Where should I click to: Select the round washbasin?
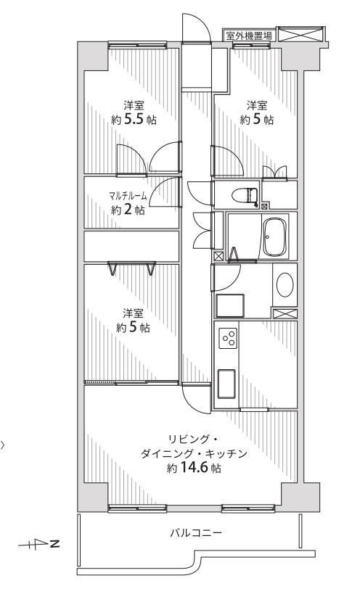(x=285, y=285)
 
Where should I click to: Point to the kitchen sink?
(x=226, y=384)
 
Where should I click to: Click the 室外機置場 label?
(x=249, y=36)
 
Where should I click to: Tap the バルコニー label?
(x=196, y=533)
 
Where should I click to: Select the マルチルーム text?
(x=127, y=196)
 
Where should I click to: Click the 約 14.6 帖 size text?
(x=194, y=469)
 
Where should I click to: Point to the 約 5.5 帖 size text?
(x=134, y=120)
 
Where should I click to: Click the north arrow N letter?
(x=54, y=545)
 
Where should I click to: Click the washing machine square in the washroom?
(x=230, y=306)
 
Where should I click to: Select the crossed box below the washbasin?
(x=285, y=313)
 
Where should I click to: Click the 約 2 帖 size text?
(x=128, y=210)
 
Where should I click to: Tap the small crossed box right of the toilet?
(x=264, y=206)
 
